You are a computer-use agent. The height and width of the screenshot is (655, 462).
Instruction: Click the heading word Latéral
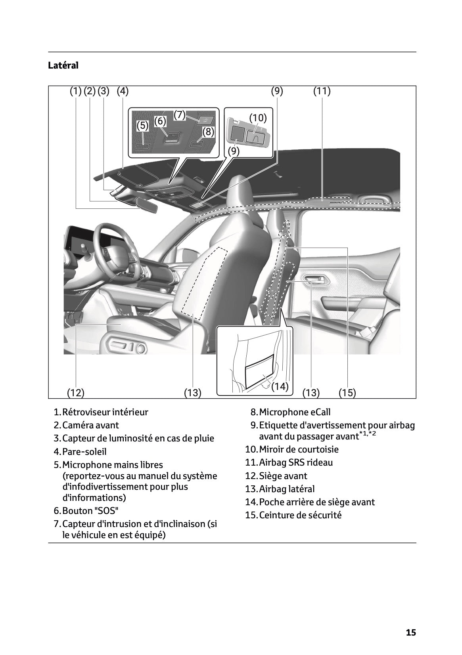(x=63, y=65)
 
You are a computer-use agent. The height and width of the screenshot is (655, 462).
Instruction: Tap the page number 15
(x=411, y=632)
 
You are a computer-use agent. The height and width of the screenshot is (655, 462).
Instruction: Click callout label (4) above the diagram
(x=123, y=91)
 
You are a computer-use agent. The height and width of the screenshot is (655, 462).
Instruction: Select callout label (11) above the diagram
(x=322, y=91)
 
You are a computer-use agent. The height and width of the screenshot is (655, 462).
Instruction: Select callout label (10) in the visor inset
(x=258, y=118)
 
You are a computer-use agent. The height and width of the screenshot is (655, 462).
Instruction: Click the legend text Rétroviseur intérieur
(x=105, y=412)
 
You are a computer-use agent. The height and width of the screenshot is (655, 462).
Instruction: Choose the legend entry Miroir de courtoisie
(x=299, y=449)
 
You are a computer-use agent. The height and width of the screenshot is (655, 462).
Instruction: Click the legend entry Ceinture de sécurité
(x=300, y=515)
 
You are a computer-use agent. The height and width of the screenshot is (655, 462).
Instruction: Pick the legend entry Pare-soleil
(x=84, y=452)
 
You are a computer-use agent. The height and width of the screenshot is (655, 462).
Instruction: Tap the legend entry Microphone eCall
(x=295, y=412)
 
